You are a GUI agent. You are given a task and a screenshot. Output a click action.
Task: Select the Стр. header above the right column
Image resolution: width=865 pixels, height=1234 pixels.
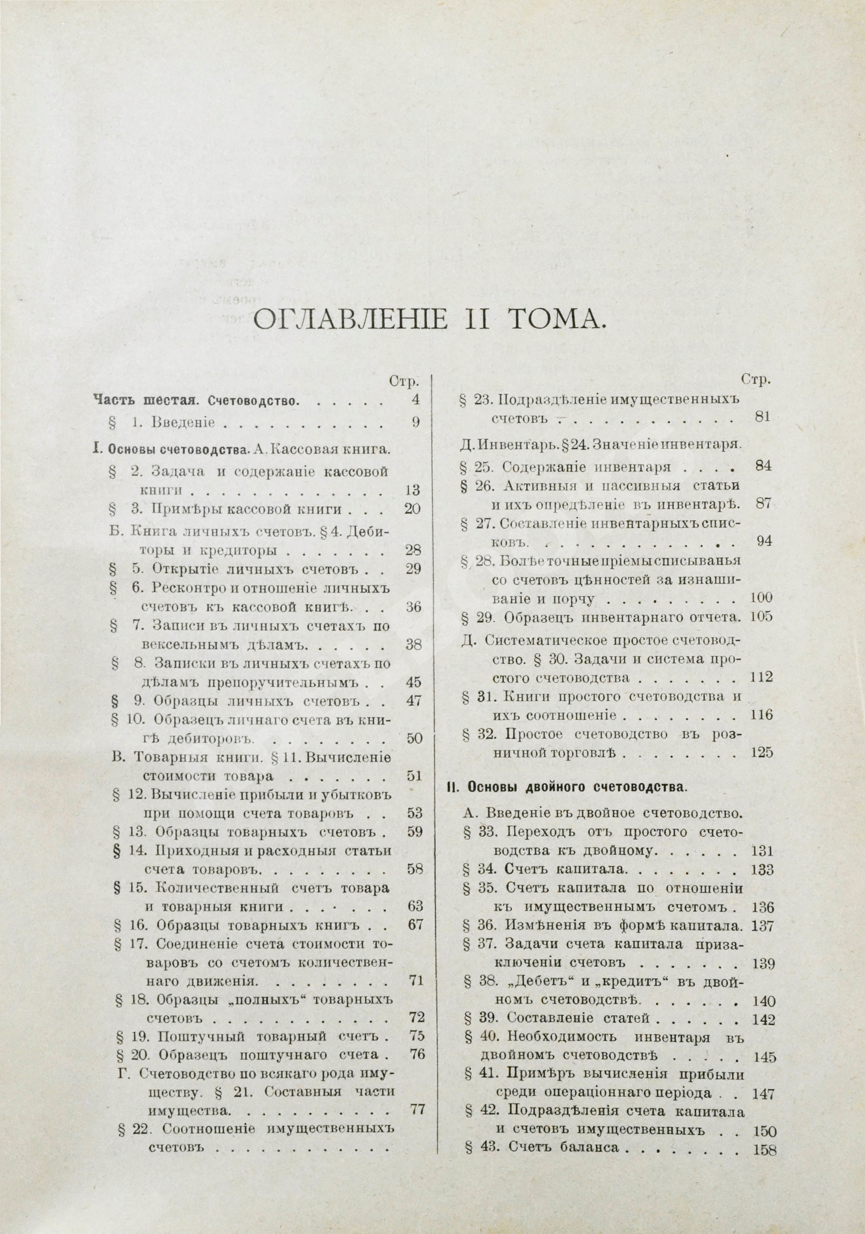tap(756, 379)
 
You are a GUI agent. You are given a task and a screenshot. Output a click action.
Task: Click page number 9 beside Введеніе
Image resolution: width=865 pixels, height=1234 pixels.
tap(415, 422)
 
